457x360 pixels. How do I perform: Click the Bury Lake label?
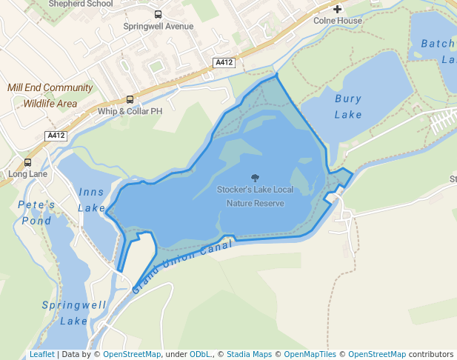pyautogui.click(x=348, y=106)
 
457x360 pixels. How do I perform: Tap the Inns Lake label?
pyautogui.click(x=92, y=200)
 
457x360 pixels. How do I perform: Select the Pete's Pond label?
pyautogui.click(x=36, y=212)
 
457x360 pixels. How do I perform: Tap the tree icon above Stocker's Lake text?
pyautogui.click(x=256, y=178)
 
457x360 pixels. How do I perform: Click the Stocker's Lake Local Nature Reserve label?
pyautogui.click(x=255, y=196)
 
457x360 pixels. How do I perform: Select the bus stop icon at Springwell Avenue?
pyautogui.click(x=158, y=14)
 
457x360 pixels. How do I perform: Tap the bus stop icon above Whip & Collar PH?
pyautogui.click(x=130, y=99)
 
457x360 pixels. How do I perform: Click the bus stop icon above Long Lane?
pyautogui.click(x=28, y=162)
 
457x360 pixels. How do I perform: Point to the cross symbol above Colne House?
pyautogui.click(x=338, y=9)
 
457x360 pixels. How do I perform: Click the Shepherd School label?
pyautogui.click(x=81, y=4)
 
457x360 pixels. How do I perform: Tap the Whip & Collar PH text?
pyautogui.click(x=130, y=111)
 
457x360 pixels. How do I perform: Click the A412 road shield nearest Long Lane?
pyautogui.click(x=56, y=136)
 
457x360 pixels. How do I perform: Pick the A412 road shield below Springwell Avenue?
pyautogui.click(x=224, y=63)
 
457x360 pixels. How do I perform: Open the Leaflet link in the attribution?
pyautogui.click(x=41, y=354)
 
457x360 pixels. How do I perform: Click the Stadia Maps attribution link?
pyautogui.click(x=249, y=354)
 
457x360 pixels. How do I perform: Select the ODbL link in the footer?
pyautogui.click(x=200, y=354)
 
